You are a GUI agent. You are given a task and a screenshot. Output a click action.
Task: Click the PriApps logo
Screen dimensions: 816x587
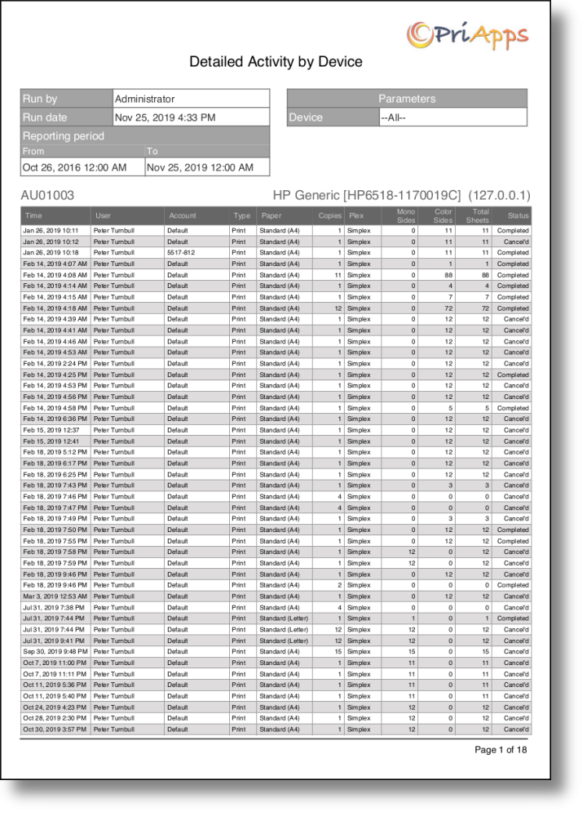pos(467,34)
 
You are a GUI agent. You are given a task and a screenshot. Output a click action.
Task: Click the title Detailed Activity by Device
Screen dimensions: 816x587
pos(276,61)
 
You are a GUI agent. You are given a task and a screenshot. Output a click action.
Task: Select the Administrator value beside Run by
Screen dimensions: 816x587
pos(144,99)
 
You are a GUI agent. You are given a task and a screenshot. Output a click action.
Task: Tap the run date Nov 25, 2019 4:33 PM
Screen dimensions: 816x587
pos(165,118)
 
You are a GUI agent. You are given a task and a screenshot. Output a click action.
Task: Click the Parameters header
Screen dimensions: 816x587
pos(407,99)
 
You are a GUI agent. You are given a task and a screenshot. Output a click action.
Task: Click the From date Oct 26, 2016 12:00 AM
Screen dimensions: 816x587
pos(74,167)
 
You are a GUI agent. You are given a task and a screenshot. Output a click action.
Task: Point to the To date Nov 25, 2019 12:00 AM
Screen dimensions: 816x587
pos(199,167)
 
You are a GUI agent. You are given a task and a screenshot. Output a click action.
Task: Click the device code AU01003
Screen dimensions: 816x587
pos(47,196)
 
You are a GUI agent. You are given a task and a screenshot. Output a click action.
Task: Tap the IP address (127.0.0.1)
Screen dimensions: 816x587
pos(500,196)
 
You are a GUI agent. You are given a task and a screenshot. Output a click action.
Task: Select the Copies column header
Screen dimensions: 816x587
pos(329,216)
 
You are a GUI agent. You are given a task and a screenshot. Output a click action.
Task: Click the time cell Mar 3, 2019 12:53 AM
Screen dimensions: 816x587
pos(55,596)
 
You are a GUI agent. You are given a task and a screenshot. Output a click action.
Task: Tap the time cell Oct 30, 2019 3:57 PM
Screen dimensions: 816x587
pos(55,730)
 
